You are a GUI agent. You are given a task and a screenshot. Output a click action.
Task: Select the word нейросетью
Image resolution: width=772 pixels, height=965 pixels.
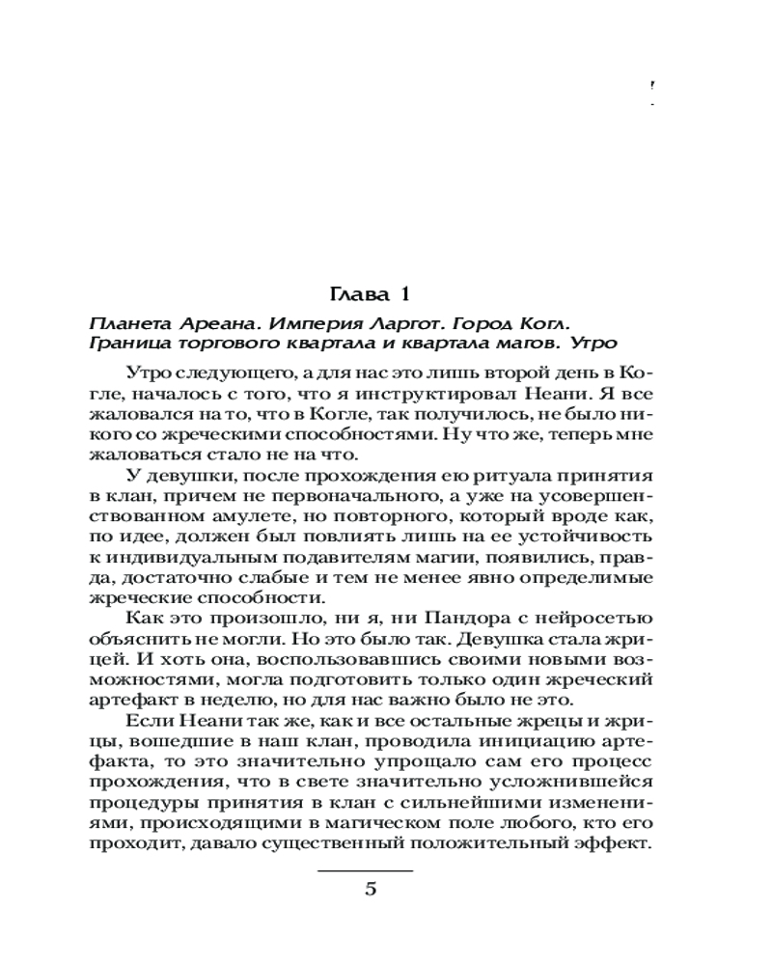[x=586, y=620]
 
